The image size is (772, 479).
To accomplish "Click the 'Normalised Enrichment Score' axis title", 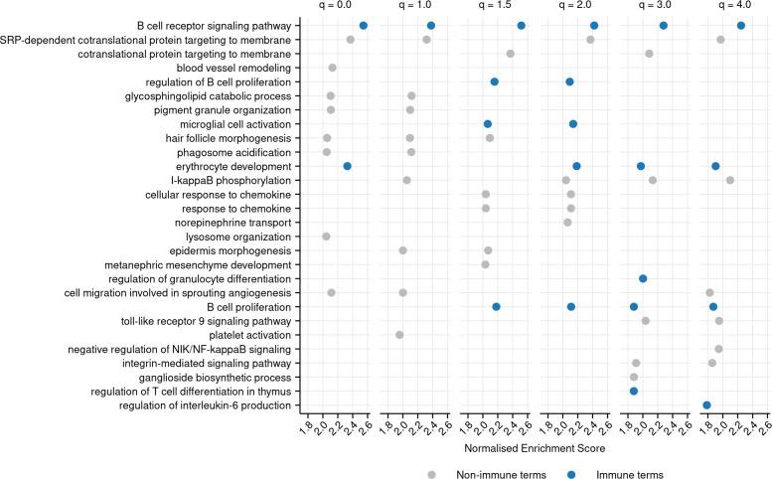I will pyautogui.click(x=537, y=448).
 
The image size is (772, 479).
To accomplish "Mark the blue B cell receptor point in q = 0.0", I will pyautogui.click(x=364, y=26).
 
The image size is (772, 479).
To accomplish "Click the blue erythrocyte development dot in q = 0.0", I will pyautogui.click(x=347, y=166).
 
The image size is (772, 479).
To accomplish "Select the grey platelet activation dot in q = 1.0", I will pyautogui.click(x=399, y=335).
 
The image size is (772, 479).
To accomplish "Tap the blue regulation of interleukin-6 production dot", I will pyautogui.click(x=706, y=405).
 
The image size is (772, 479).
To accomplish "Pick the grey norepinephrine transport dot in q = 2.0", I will pyautogui.click(x=567, y=223).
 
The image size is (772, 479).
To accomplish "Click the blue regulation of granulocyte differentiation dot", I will pyautogui.click(x=643, y=279).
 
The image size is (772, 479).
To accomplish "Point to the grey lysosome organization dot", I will pyautogui.click(x=326, y=237).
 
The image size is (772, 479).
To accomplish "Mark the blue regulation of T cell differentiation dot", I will pyautogui.click(x=634, y=392).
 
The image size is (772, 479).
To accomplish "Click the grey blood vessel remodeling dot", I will pyautogui.click(x=332, y=68).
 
